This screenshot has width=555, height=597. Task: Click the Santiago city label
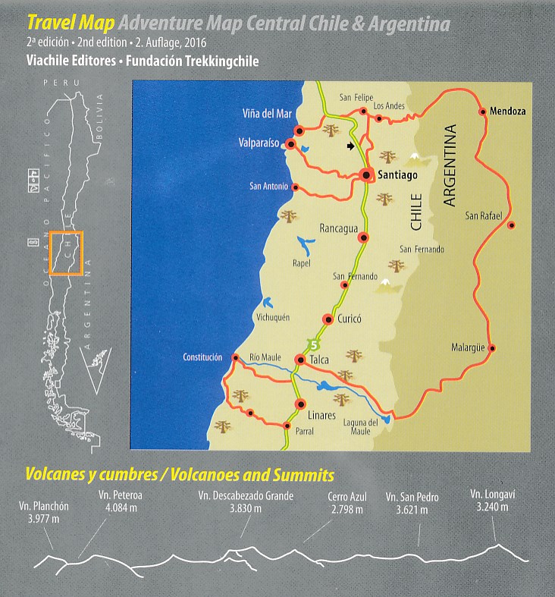coord(398,175)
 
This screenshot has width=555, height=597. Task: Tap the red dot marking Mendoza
coord(482,112)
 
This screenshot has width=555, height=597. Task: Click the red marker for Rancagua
coord(363,238)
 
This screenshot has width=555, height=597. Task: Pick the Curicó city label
coord(348,319)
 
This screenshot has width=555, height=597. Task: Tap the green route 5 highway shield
coord(312,342)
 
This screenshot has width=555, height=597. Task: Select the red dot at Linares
coord(299,404)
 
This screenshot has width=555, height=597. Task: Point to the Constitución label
coord(202,357)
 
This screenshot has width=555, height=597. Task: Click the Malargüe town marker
coord(492,349)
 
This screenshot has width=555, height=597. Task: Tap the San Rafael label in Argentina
coord(484,216)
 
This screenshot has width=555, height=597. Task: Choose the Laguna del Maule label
coord(360,427)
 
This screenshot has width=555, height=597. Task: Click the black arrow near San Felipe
coord(350,146)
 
